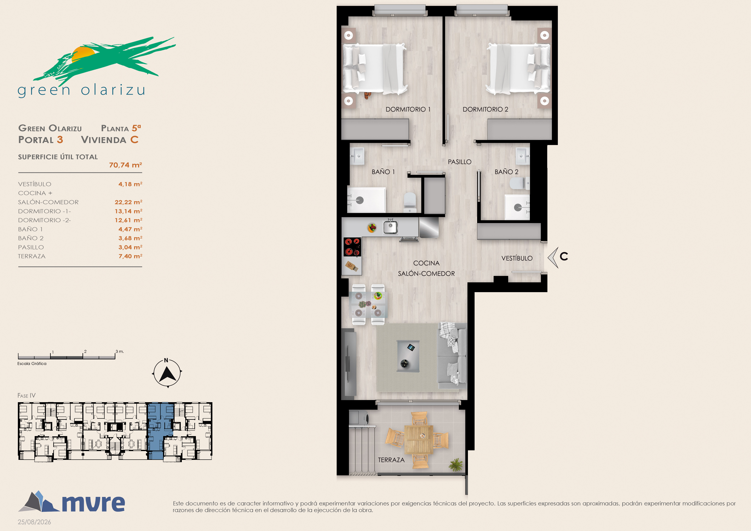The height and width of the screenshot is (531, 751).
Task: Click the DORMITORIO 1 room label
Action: pos(408,109)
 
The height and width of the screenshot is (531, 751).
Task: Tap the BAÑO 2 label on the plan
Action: pos(506,172)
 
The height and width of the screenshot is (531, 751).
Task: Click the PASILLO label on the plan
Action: pos(460,162)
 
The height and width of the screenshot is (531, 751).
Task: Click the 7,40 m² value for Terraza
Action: pos(130,256)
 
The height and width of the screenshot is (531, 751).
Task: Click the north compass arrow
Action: pos(167,374)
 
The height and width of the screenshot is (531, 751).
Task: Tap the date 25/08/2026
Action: pos(34,522)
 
